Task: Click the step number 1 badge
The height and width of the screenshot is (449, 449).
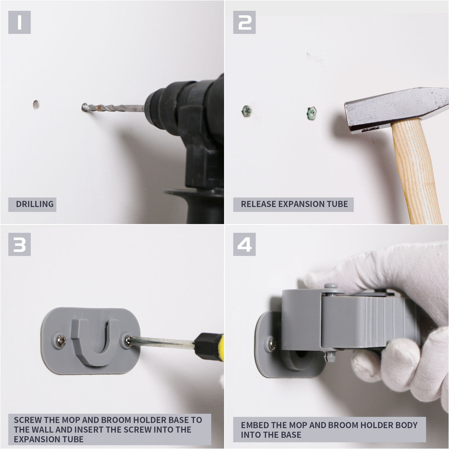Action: [x=19, y=22]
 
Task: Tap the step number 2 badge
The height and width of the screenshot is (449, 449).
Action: [x=244, y=22]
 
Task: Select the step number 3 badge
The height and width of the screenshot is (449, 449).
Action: [x=19, y=244]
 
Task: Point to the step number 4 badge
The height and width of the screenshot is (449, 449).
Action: [x=244, y=244]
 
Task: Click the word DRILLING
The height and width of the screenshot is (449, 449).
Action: [x=35, y=204]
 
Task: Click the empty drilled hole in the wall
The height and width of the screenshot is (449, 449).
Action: [x=36, y=105]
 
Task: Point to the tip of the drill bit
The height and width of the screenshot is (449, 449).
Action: [x=83, y=108]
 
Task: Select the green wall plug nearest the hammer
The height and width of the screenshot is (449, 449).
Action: [x=311, y=114]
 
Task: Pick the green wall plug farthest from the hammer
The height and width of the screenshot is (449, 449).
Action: [x=247, y=111]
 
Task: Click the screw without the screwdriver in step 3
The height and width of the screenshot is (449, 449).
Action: [x=61, y=341]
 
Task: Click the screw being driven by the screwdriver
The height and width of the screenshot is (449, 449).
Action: [x=128, y=340]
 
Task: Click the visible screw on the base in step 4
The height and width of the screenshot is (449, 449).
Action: [x=272, y=344]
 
